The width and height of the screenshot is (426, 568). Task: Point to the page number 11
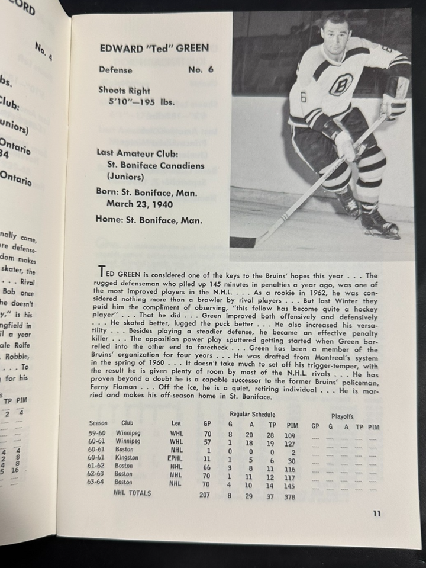(x=376, y=514)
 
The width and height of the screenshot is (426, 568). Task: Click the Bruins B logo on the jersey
(x=341, y=85)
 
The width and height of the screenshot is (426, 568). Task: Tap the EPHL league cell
(x=177, y=457)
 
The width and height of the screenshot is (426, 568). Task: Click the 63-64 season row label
(x=97, y=482)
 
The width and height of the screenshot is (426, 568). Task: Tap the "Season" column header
(x=98, y=423)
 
